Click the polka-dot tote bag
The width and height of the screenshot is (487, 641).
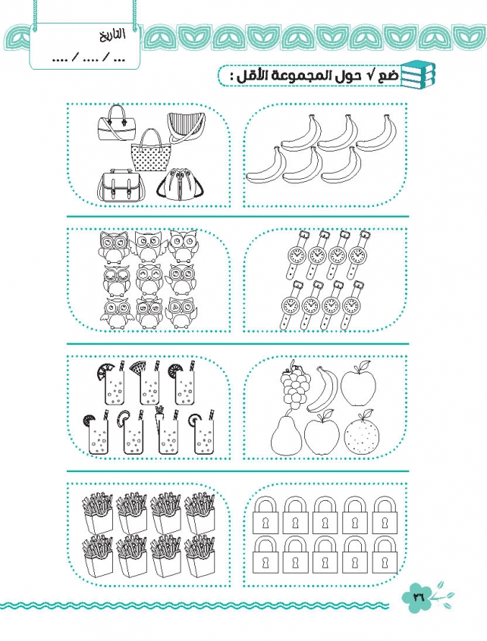(x=149, y=152)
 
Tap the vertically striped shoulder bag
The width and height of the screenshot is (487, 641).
(x=186, y=127)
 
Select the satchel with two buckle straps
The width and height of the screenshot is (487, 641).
(x=121, y=186)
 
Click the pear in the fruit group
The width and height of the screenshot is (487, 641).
(x=286, y=433)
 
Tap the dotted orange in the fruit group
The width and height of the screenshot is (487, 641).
(x=362, y=434)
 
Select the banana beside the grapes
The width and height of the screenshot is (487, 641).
(x=323, y=389)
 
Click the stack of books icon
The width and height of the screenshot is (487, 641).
(x=418, y=74)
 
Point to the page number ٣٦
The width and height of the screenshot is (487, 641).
(x=418, y=597)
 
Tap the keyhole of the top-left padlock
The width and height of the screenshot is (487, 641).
(x=265, y=523)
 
